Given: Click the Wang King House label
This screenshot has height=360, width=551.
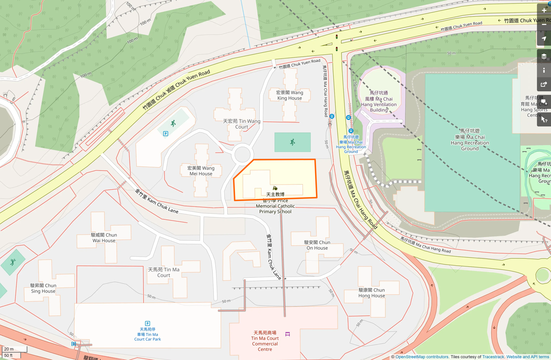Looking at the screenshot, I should point(290,95).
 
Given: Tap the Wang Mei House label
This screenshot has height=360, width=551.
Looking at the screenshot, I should point(201,171).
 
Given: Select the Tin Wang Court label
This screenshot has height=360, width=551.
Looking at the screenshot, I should point(242,124).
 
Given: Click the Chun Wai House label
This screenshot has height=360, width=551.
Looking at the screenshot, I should point(104,238).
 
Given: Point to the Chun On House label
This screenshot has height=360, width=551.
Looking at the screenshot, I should point(317,245).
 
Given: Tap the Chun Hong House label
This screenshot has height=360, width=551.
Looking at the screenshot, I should point(372,293).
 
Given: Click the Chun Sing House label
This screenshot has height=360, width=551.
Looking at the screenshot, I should point(43,288).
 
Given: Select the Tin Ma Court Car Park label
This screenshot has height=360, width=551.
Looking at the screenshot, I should point(147,335).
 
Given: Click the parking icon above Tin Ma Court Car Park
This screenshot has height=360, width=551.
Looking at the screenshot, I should point(148,323).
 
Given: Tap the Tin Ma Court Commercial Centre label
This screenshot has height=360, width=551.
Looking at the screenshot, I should point(265,341).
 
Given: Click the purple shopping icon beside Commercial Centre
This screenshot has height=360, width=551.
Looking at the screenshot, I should point(287,334).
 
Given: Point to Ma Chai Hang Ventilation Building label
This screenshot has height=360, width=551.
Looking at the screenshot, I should point(379,102).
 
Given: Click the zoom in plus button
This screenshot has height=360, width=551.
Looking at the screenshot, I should point(544,10).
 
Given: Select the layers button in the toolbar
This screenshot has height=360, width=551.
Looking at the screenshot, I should point(544,56).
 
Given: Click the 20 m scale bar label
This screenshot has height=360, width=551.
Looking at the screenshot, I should point(9,349).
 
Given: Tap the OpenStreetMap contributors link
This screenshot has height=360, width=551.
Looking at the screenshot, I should point(422,357).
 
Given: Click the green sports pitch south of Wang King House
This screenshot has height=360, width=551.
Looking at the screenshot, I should point(292,142).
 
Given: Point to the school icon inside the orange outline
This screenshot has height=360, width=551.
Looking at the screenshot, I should point(275,188).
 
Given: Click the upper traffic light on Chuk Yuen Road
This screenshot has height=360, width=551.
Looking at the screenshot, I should point(337,37).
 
